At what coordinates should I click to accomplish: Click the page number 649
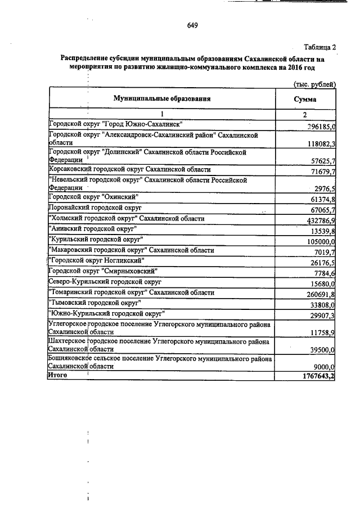tap(192, 25)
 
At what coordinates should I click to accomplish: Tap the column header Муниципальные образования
tap(162, 98)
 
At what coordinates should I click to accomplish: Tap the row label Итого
tap(57, 376)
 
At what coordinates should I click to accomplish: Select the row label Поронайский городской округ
tap(94, 208)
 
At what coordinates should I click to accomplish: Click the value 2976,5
tap(323, 187)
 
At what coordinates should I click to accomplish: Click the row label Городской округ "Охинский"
tap(93, 197)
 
